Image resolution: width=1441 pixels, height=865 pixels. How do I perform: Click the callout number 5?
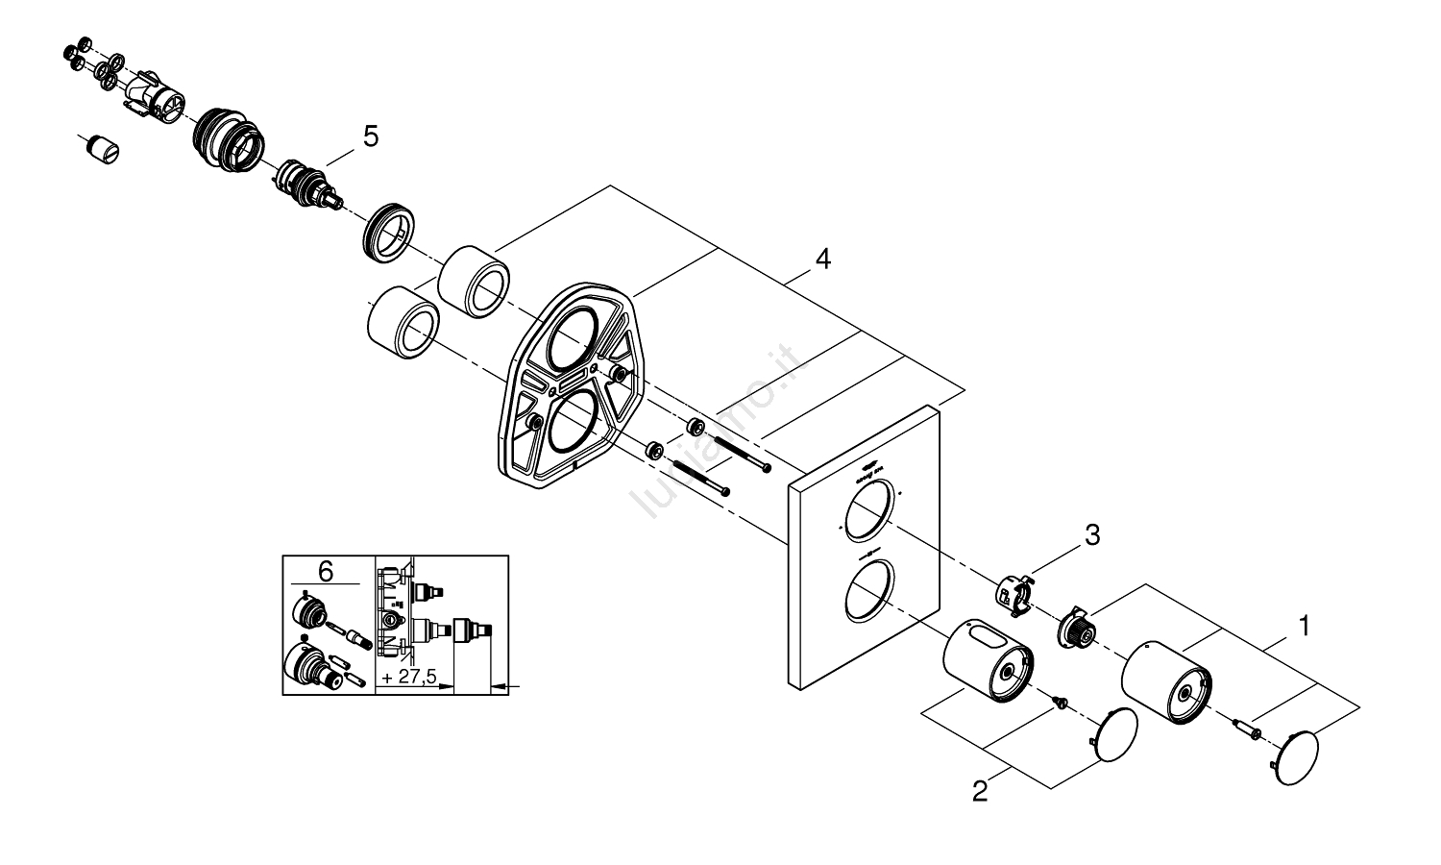pos(370,136)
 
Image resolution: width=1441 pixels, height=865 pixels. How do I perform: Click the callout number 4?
pos(821,259)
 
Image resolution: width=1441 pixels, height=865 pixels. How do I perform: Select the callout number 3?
pos(1091,536)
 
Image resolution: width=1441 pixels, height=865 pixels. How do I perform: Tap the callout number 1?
pos(1304,627)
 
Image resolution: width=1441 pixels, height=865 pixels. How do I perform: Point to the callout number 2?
pos(979,791)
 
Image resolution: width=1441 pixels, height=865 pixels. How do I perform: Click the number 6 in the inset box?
pos(326,572)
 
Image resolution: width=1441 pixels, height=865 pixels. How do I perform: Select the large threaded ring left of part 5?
pos(227,139)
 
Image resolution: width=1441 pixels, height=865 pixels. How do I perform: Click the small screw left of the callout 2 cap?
pos(1061,703)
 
